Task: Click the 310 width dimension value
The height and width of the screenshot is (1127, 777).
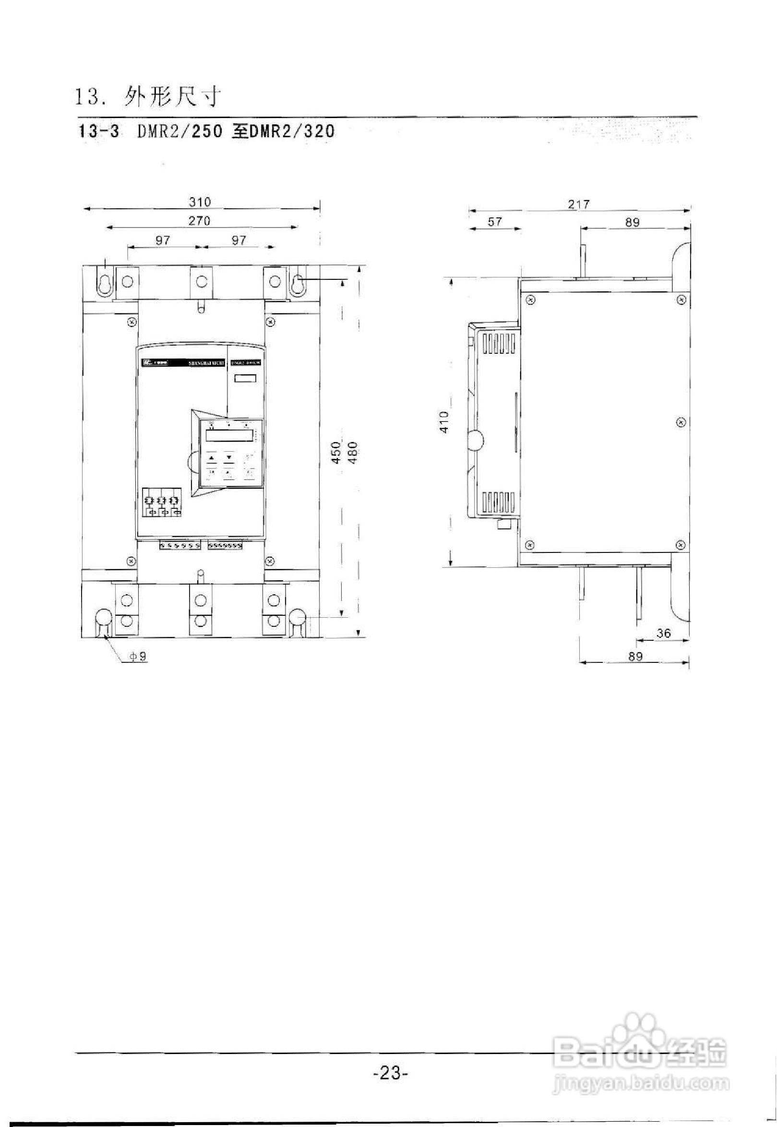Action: pos(200,202)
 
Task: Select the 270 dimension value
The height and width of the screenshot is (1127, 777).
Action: pos(199,220)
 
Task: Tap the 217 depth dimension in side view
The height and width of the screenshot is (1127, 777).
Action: pos(578,204)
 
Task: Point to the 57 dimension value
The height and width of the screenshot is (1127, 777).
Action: pos(494,222)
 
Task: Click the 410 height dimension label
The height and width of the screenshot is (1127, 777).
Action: pos(444,421)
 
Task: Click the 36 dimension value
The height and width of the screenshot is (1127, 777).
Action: pos(663,633)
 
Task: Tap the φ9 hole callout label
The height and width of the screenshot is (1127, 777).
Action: pos(137,657)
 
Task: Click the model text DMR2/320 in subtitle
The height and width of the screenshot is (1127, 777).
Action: pos(292,132)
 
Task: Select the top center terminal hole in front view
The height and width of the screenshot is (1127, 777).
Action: pos(201,281)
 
